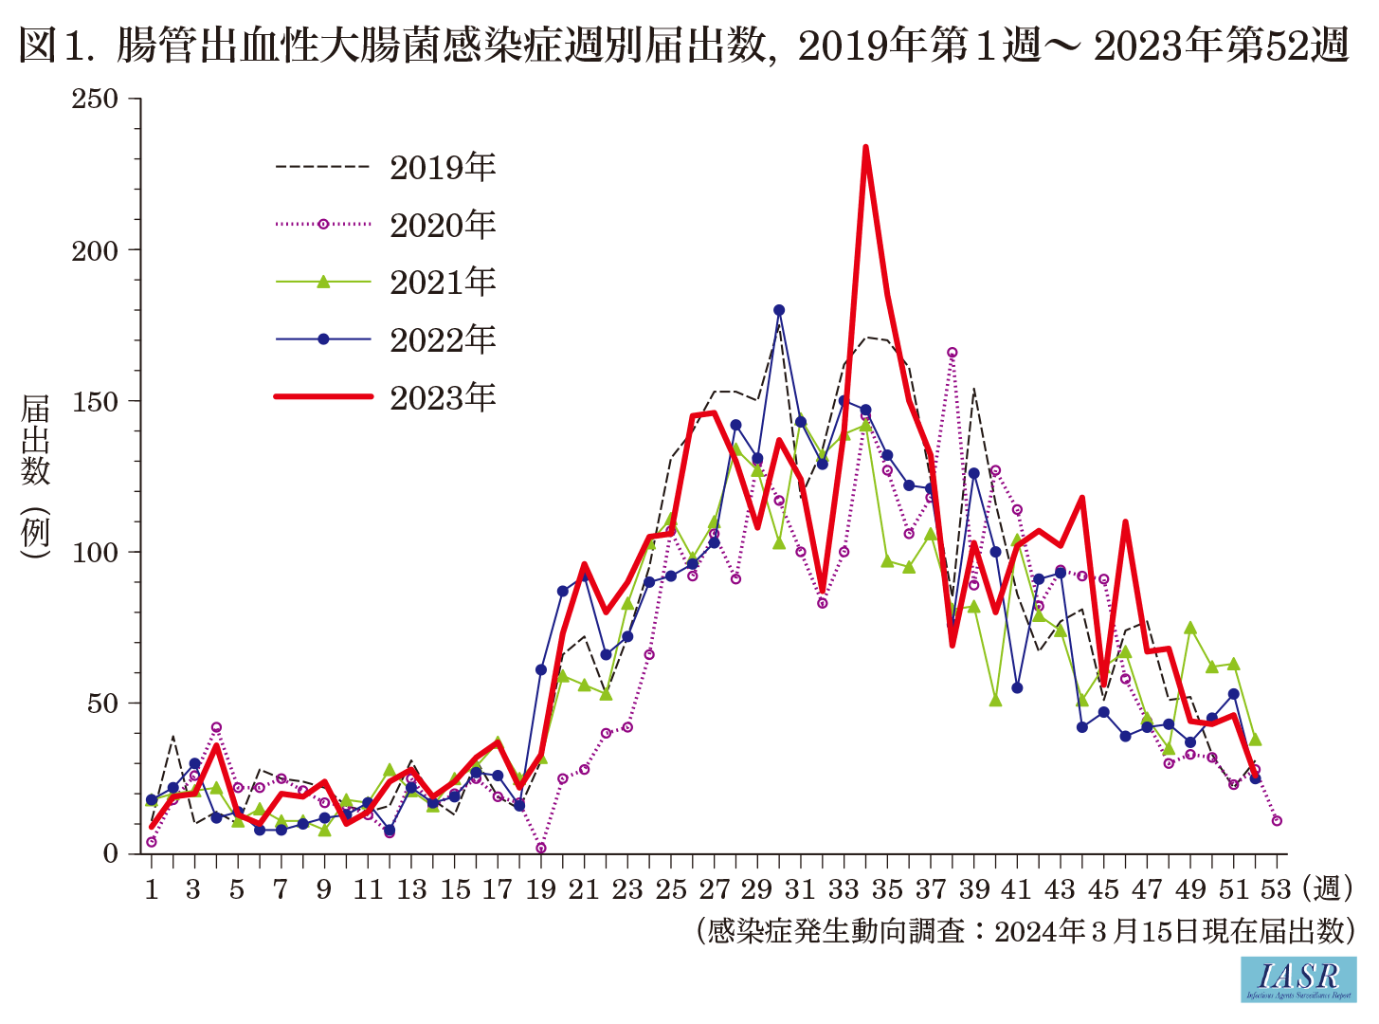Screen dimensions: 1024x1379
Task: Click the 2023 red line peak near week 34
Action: coord(865,148)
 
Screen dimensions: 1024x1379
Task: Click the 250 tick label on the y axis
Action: coord(95,99)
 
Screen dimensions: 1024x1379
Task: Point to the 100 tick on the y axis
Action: coord(95,552)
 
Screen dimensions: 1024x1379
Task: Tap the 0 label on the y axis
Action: coord(111,853)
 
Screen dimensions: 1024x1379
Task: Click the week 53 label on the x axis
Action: coord(1276,889)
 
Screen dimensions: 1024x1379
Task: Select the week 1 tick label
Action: coord(151,889)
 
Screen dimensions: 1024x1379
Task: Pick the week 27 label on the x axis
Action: coord(714,889)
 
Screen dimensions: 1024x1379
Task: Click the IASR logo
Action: coord(1298,979)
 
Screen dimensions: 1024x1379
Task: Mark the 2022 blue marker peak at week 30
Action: coord(779,310)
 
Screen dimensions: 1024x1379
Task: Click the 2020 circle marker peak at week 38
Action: coord(952,353)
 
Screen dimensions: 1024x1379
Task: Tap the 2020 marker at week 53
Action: coord(1277,820)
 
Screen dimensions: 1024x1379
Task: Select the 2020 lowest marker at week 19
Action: coord(540,848)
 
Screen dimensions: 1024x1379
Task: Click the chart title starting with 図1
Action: coord(682,45)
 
